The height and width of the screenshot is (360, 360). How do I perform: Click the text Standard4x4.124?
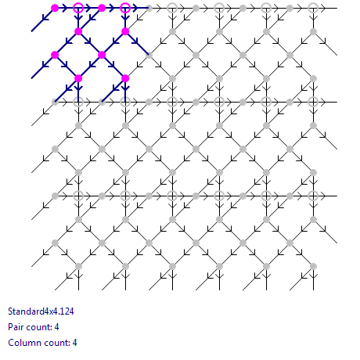pos(41,311)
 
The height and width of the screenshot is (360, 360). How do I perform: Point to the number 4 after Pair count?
pos(56,327)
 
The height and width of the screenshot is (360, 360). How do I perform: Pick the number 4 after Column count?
pos(74,343)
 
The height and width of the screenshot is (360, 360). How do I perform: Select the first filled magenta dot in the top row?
pos(55,8)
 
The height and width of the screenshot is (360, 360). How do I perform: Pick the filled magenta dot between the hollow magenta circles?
pos(102,8)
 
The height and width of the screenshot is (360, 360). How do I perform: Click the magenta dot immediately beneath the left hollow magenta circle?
pos(78,31)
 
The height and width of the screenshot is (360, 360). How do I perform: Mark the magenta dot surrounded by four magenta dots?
pos(102,55)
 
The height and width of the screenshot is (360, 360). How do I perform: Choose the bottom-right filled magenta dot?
pos(125,78)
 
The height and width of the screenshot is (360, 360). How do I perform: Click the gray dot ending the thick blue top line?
pos(149,8)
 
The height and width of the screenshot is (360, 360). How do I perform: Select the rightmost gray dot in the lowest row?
pos(313,266)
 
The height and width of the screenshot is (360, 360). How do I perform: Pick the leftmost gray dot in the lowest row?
pos(78,266)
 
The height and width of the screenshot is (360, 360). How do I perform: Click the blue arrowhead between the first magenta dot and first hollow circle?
pos(65,8)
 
